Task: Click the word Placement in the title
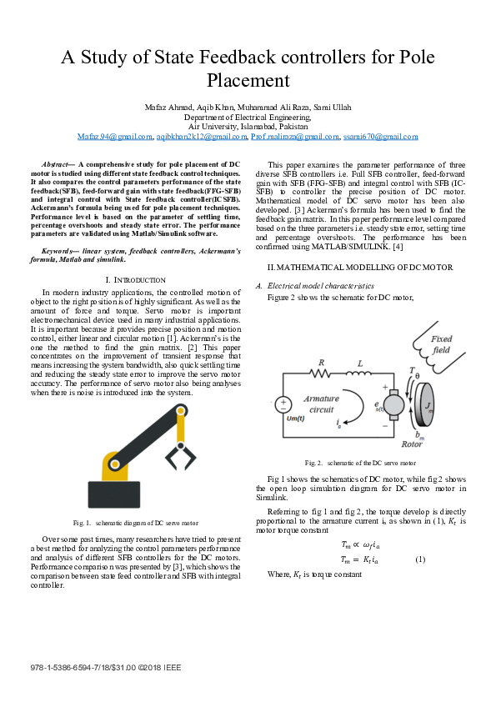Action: pos(248,81)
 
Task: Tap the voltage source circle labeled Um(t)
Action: pos(283,404)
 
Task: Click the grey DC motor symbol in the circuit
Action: pos(400,406)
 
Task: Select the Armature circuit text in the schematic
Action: pos(320,404)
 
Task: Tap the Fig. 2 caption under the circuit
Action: pos(361,462)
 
